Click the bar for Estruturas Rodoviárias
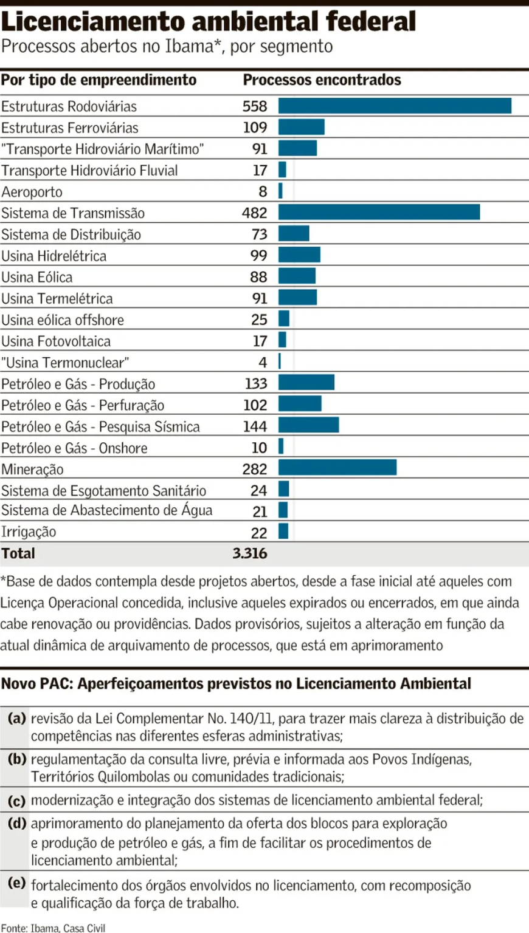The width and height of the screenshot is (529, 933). (395, 106)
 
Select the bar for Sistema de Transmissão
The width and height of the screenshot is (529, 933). (379, 212)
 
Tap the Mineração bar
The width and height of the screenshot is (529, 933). (337, 467)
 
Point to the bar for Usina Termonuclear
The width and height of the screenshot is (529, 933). (280, 361)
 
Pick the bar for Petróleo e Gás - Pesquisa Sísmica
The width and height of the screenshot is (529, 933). (308, 425)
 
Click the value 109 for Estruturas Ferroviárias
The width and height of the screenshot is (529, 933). (255, 128)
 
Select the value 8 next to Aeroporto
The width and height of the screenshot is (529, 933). (263, 191)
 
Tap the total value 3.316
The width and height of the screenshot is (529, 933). (249, 553)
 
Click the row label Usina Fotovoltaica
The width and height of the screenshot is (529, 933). (56, 341)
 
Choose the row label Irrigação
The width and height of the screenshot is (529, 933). (29, 532)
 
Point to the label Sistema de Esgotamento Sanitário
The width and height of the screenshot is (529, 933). (103, 490)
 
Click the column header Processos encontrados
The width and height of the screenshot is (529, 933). (322, 80)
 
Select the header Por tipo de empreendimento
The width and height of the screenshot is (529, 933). (99, 80)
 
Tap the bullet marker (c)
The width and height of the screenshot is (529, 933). (17, 801)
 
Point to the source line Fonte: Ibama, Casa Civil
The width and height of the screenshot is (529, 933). (54, 928)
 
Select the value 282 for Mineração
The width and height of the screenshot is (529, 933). (254, 468)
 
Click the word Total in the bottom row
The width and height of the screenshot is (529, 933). (18, 553)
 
